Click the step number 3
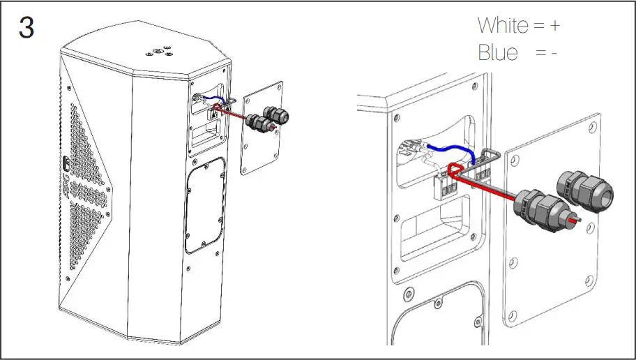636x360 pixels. click(26, 28)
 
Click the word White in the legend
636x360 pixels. click(503, 26)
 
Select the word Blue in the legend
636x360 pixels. click(498, 52)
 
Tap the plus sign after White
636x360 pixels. click(554, 26)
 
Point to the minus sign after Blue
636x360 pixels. click(554, 53)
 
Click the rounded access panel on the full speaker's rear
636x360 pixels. click(206, 206)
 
